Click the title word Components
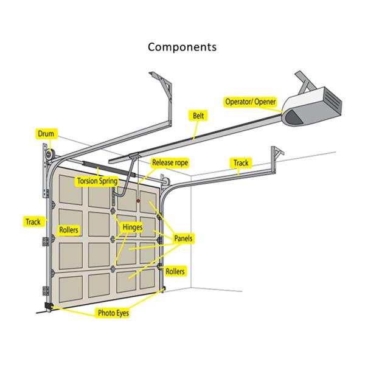coord(182,47)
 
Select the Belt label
coord(198,115)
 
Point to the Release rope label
coord(170,162)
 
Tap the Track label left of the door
coord(33,221)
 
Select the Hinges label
coord(132,228)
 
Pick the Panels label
coord(183,238)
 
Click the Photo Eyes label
coord(113,314)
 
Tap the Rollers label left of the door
coord(68,230)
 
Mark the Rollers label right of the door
coord(175,271)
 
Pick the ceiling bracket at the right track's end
coord(278,153)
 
